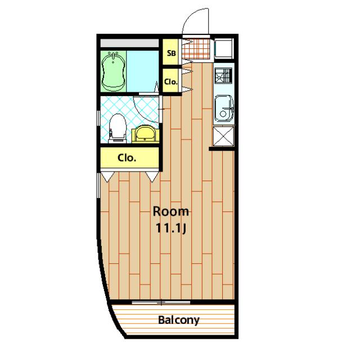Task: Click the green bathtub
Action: click(x=114, y=71)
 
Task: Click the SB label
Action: click(x=171, y=53)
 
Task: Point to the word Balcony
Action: click(x=179, y=320)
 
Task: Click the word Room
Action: click(x=171, y=211)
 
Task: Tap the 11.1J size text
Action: click(x=171, y=228)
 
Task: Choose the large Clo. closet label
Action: click(x=127, y=158)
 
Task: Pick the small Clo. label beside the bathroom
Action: click(x=171, y=82)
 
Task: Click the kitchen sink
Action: click(x=224, y=109)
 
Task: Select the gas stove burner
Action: click(x=223, y=75)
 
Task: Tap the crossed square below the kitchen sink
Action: click(x=223, y=136)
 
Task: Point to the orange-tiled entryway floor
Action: click(x=196, y=49)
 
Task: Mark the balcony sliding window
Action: click(x=161, y=303)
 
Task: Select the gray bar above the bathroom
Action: click(x=129, y=43)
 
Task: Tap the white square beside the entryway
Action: click(x=224, y=49)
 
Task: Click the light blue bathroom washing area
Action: click(x=142, y=71)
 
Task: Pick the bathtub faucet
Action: click(x=114, y=55)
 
